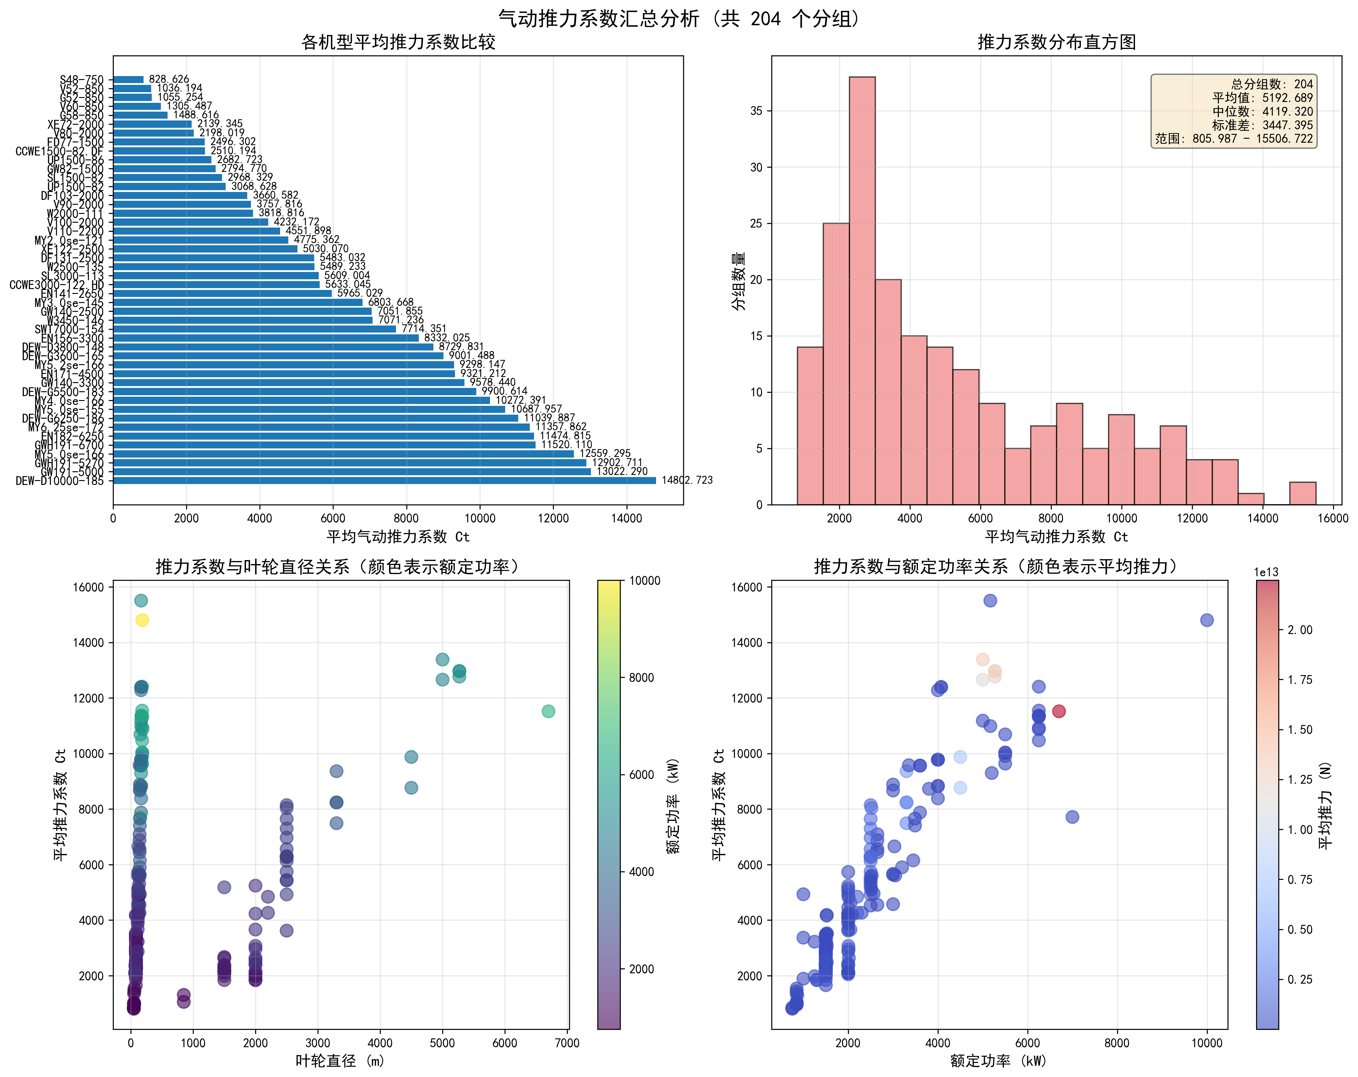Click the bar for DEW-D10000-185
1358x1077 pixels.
pyautogui.click(x=384, y=480)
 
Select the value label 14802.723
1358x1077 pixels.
pyautogui.click(x=686, y=480)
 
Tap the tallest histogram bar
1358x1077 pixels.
pyautogui.click(x=862, y=290)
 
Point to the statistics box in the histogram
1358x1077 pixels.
pyautogui.click(x=1233, y=111)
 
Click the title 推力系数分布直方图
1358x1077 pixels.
pyautogui.click(x=1056, y=42)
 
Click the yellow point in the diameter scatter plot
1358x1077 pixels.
pyautogui.click(x=142, y=620)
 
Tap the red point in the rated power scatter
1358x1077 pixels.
pyautogui.click(x=1059, y=711)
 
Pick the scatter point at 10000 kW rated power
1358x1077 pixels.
pyautogui.click(x=1206, y=620)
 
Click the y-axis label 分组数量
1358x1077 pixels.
pyautogui.click(x=738, y=281)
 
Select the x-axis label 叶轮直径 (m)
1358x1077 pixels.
pyautogui.click(x=340, y=1061)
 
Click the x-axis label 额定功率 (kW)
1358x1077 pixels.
pyautogui.click(x=998, y=1061)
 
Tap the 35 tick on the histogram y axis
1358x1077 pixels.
pyautogui.click(x=756, y=111)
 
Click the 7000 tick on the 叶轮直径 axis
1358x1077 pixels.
pyautogui.click(x=567, y=1043)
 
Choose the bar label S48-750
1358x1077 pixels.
pyautogui.click(x=82, y=79)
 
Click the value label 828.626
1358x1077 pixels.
pyautogui.click(x=169, y=79)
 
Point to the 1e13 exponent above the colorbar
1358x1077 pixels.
pyautogui.click(x=1266, y=572)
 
